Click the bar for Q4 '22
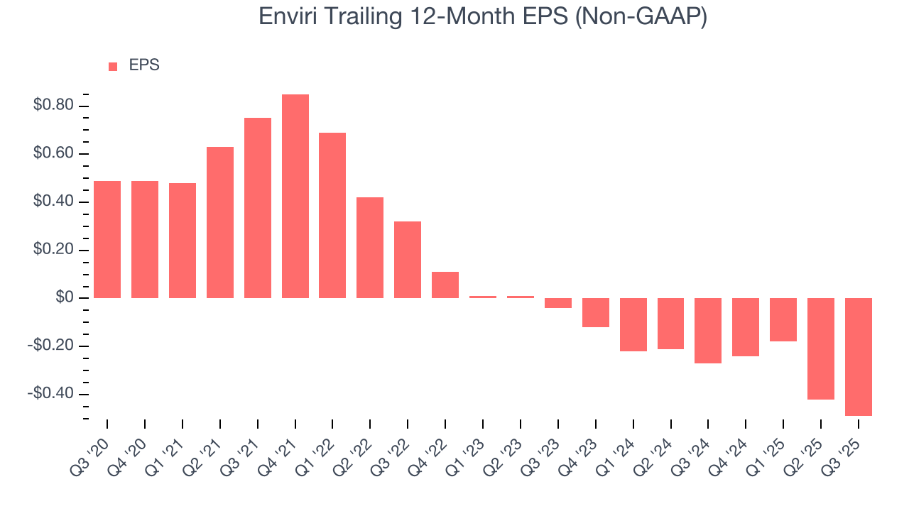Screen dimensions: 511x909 (x=445, y=285)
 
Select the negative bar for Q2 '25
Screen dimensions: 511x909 (x=820, y=348)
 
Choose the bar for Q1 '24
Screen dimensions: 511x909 (x=633, y=324)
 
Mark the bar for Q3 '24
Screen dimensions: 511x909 (x=708, y=331)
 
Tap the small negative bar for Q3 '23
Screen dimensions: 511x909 (x=558, y=303)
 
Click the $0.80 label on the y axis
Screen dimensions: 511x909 (x=53, y=106)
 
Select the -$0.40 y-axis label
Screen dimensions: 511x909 (x=50, y=394)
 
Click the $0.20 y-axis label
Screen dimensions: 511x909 (x=53, y=251)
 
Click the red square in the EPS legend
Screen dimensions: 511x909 (x=113, y=66)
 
